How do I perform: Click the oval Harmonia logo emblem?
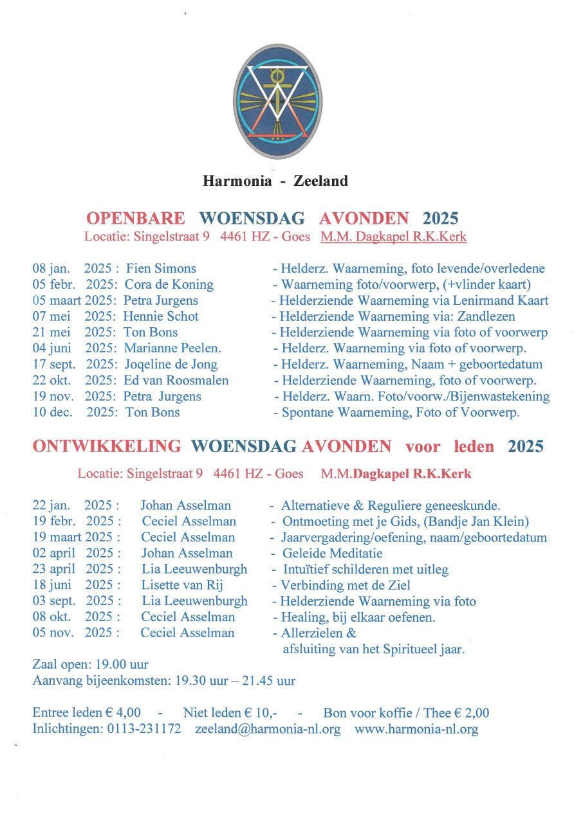point(278,102)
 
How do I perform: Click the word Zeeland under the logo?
point(320,181)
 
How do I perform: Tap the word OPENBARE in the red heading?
point(136,218)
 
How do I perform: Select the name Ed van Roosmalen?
point(176,380)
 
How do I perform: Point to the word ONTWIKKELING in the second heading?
point(107,446)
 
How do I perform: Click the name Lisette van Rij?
point(182,585)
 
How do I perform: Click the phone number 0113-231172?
point(145,730)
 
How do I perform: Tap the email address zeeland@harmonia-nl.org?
point(268,730)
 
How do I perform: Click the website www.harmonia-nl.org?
point(416,730)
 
